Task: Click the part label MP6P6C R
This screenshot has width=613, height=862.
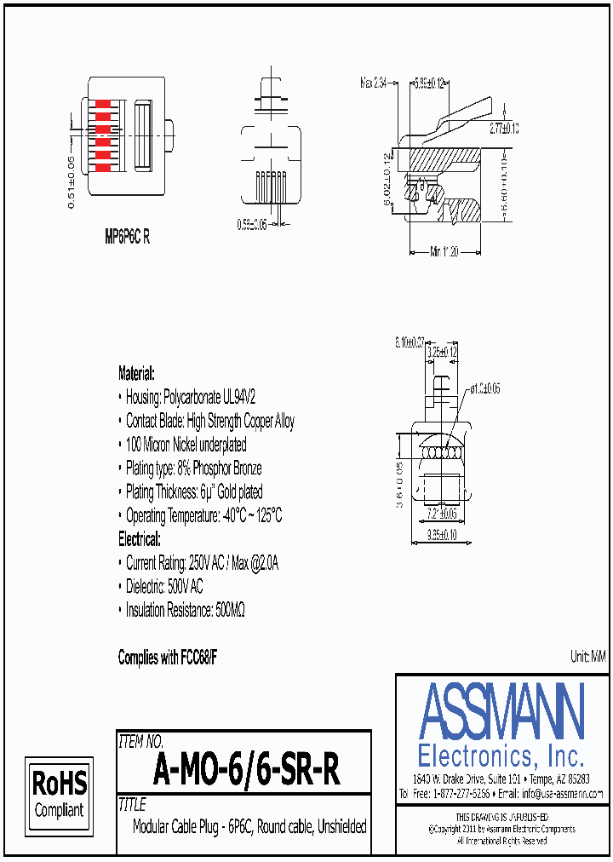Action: click(127, 238)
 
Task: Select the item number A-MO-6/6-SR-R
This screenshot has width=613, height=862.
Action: click(246, 771)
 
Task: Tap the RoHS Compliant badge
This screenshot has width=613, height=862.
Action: click(59, 793)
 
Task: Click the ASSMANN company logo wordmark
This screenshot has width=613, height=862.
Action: click(501, 712)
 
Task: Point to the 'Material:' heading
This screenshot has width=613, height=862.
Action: click(136, 373)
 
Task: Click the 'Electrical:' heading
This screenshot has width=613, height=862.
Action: click(139, 539)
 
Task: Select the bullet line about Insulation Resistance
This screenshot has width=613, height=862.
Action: click(186, 610)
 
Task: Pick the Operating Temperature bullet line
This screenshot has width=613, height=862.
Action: click(203, 515)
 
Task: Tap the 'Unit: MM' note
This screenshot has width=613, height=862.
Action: click(587, 656)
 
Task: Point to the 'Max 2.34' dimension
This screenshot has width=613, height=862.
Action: click(373, 83)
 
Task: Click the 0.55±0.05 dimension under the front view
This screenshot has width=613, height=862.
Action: click(251, 224)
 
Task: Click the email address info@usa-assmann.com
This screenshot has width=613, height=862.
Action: click(562, 793)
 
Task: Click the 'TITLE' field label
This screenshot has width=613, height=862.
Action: click(133, 805)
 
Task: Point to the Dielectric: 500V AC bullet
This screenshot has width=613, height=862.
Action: click(164, 587)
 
